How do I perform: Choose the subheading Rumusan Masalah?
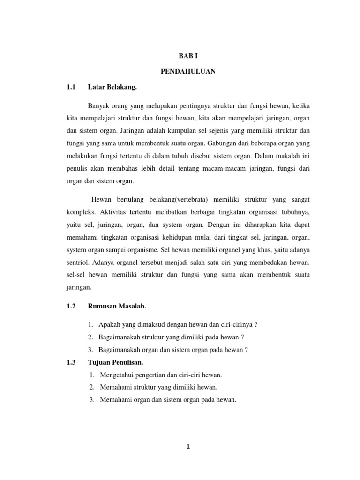pos(117,306)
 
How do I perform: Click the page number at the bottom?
pos(187,447)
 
